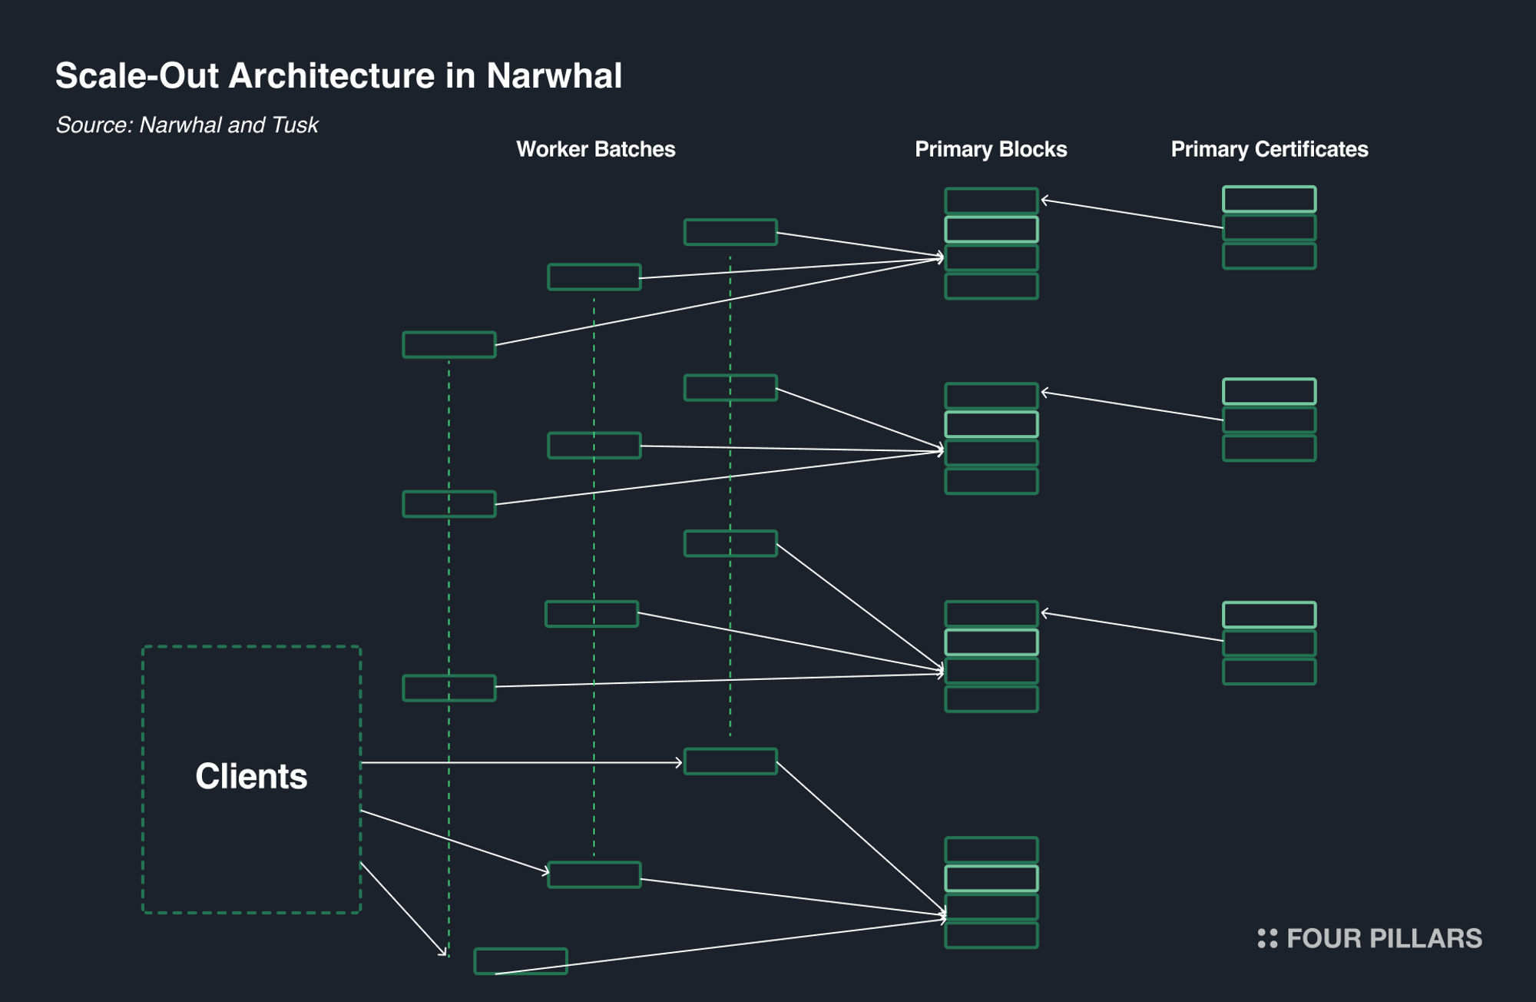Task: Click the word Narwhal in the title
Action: point(554,76)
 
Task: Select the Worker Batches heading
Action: point(595,149)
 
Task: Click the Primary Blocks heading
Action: point(991,149)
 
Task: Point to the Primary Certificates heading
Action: point(1269,149)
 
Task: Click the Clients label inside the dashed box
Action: point(251,776)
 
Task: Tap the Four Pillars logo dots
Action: point(1267,938)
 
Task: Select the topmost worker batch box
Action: point(730,232)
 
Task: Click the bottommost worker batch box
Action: point(521,961)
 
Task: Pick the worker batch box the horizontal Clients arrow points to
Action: point(730,761)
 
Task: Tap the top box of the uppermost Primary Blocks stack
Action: point(991,201)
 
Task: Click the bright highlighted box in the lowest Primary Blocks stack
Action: point(991,878)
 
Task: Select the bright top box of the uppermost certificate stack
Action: point(1270,199)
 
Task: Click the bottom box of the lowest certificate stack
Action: point(1270,672)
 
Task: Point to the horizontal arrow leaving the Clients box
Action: point(522,762)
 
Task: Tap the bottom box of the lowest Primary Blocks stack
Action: point(991,935)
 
